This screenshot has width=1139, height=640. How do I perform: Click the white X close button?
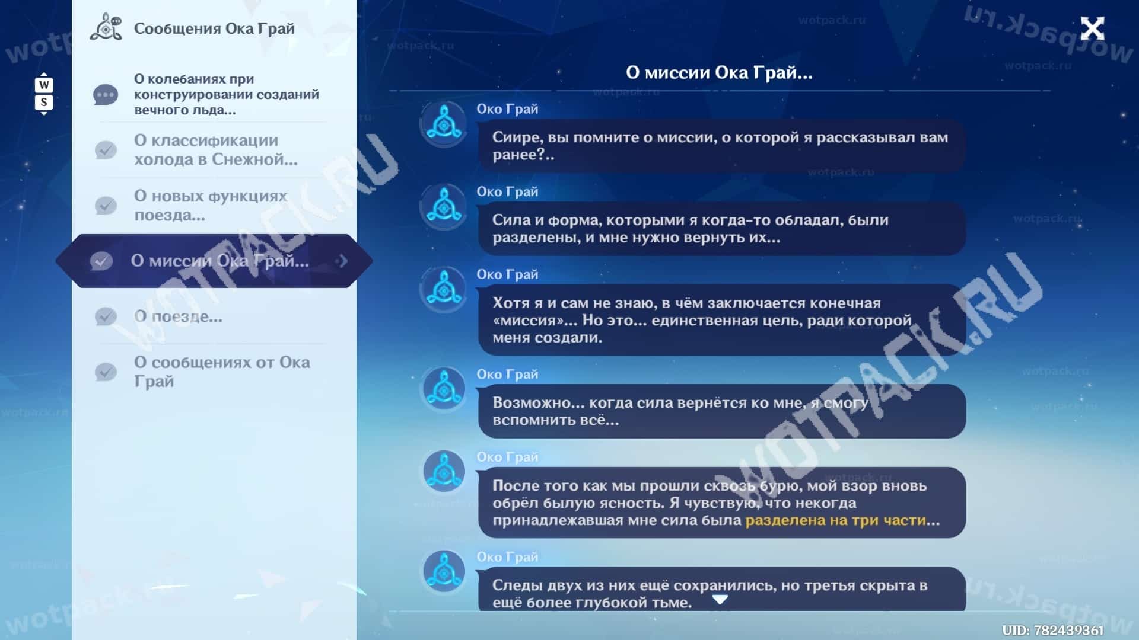tap(1092, 28)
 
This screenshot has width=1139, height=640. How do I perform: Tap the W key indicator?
tap(44, 85)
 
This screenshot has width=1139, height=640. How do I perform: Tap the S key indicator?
tap(44, 102)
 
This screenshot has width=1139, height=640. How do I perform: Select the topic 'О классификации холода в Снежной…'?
tap(215, 150)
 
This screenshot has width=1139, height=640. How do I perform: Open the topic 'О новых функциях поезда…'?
tap(210, 205)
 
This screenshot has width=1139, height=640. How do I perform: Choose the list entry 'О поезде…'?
tap(178, 316)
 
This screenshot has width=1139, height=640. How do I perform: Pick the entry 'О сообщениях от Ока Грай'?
tap(222, 372)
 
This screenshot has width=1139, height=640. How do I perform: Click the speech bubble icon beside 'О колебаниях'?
tap(106, 95)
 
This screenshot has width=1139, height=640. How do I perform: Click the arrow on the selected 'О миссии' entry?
tap(342, 261)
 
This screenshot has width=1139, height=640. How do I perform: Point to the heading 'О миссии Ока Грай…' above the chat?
tap(719, 72)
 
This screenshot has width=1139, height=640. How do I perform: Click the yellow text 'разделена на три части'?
tap(835, 520)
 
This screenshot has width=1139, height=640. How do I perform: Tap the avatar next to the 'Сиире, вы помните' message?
tap(443, 124)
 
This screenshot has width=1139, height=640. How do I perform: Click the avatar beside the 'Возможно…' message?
tap(443, 389)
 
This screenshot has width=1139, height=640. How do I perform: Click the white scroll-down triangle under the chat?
tap(720, 600)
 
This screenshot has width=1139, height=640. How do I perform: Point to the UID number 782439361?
tap(1068, 631)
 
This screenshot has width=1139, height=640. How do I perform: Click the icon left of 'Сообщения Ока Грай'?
tap(106, 27)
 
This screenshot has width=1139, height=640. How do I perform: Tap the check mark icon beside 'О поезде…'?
tap(106, 316)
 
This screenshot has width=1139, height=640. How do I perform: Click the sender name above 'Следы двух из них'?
tap(507, 557)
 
